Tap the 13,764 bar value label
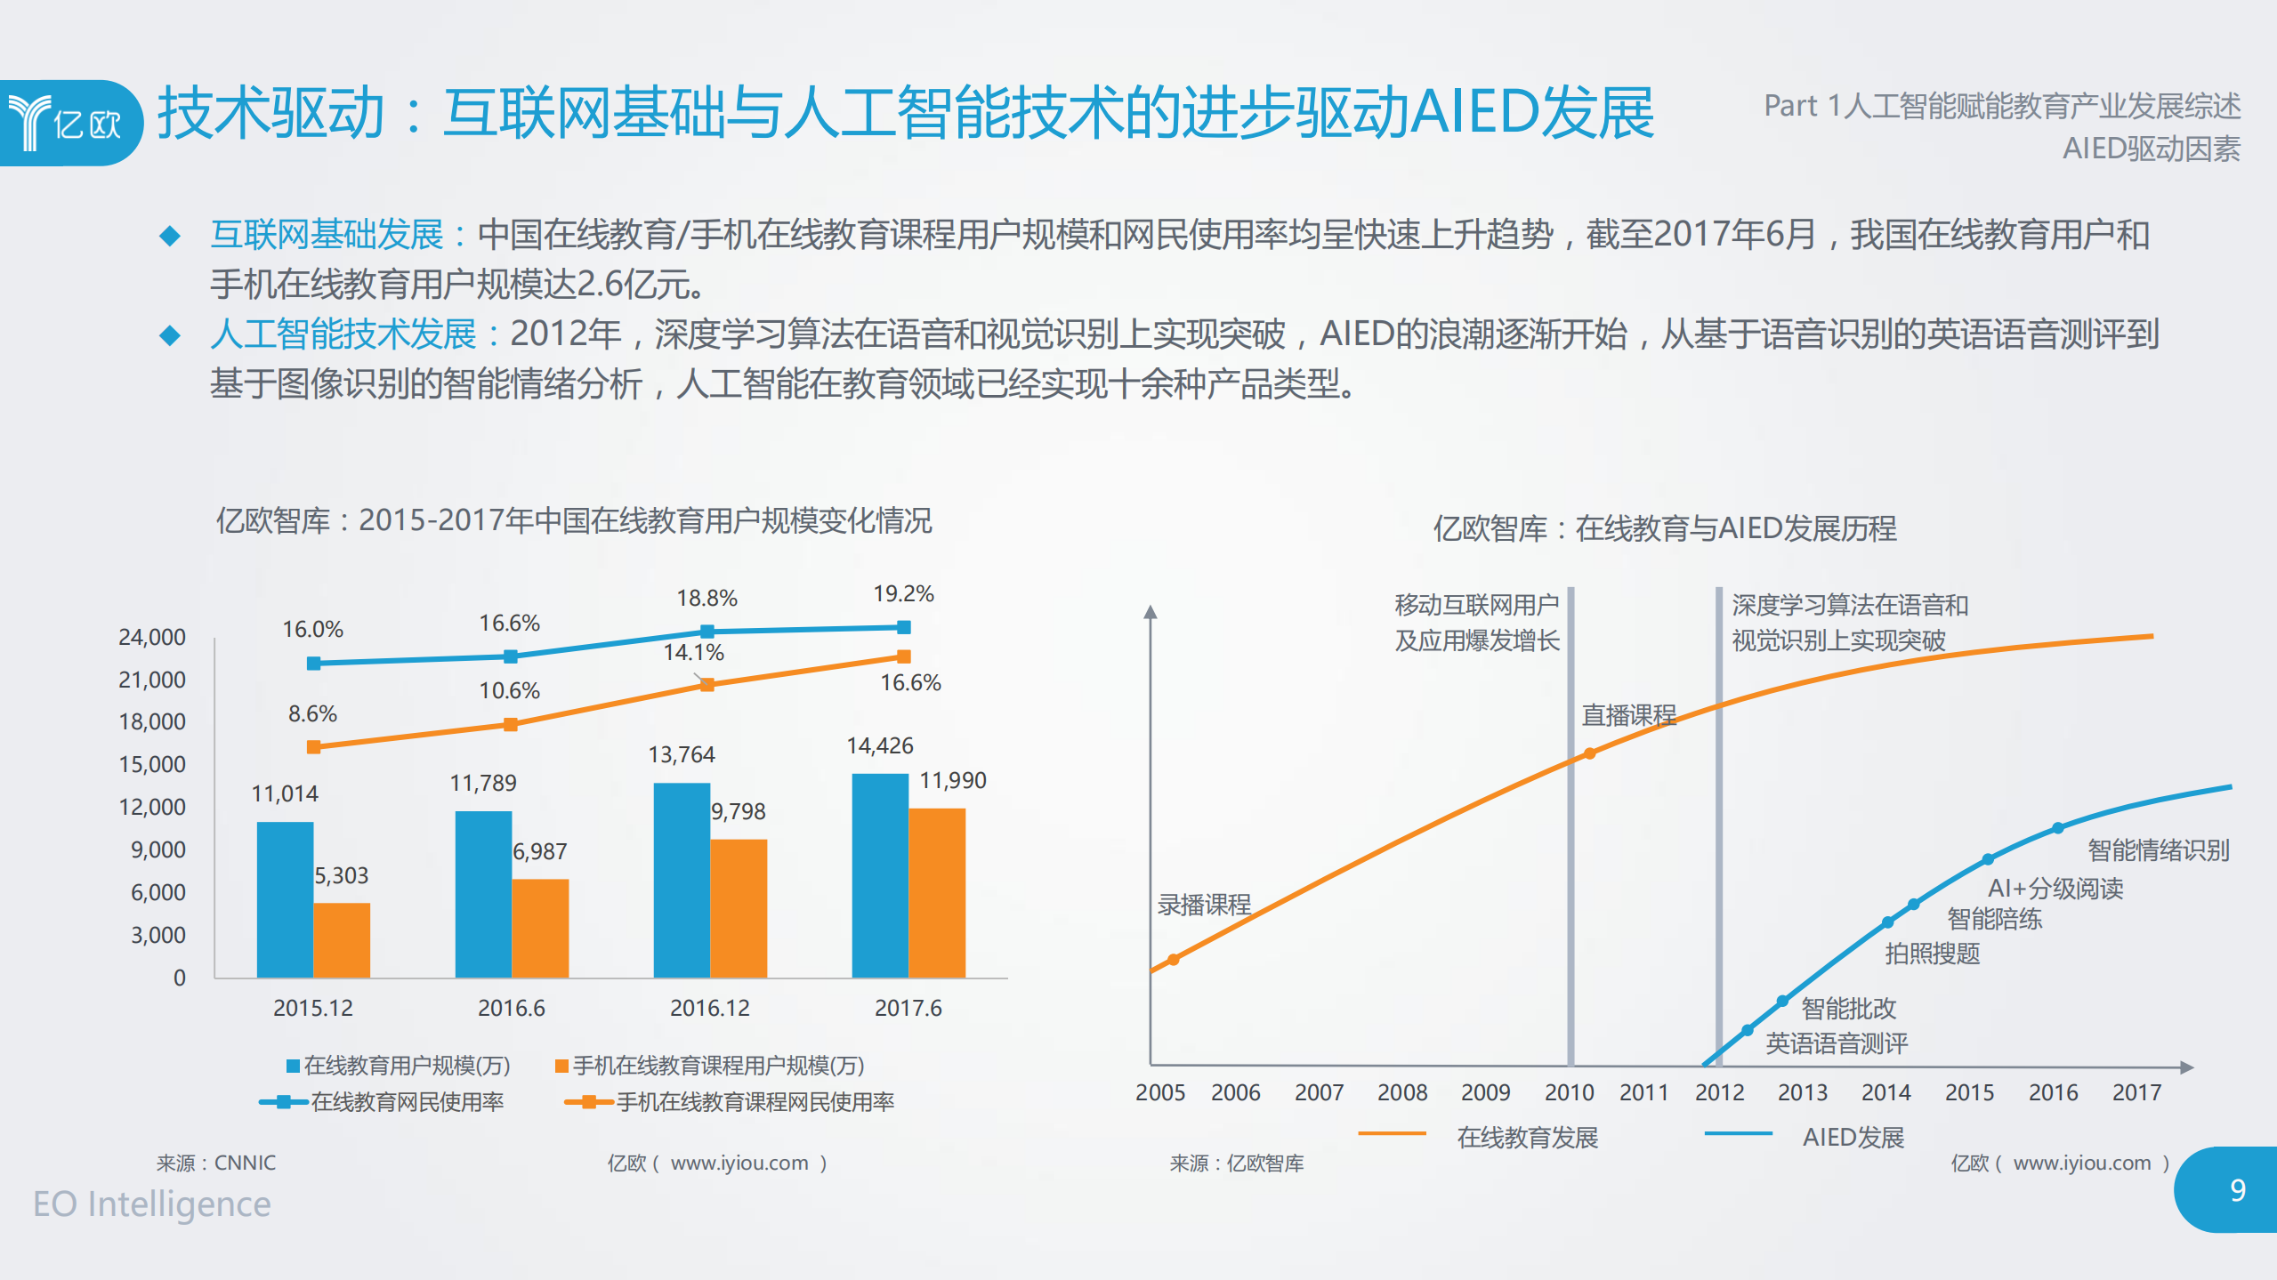(681, 754)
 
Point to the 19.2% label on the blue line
(903, 593)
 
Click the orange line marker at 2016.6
(510, 724)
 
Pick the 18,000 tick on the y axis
(152, 721)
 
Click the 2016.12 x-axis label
(709, 1008)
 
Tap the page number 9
(2237, 1189)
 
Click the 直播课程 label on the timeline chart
(1627, 714)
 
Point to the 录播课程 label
(1203, 905)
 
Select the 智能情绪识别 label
(2158, 849)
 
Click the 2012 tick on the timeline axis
(1719, 1092)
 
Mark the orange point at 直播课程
(1589, 753)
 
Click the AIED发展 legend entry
(1853, 1137)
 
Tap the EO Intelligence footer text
(152, 1204)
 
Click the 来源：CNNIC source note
(216, 1163)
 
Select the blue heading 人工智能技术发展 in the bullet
(343, 334)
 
